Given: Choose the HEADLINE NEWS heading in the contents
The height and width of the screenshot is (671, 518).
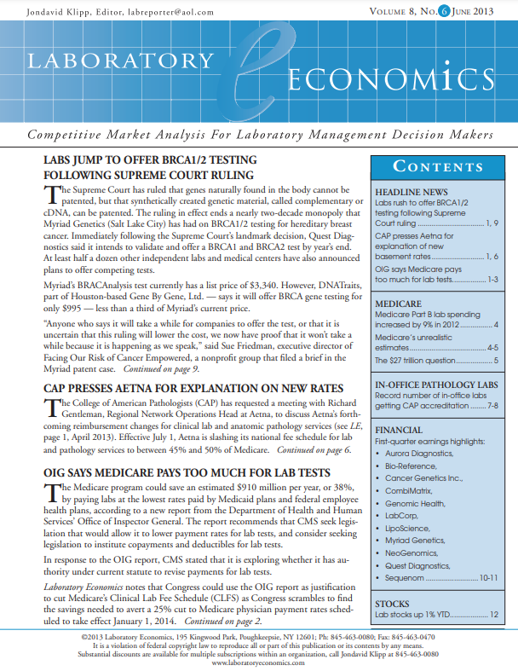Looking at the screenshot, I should click(x=411, y=193).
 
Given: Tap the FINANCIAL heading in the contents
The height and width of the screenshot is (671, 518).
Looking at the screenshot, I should click(x=400, y=431).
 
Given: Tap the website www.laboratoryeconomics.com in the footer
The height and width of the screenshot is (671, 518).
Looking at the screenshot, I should click(x=258, y=662).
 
